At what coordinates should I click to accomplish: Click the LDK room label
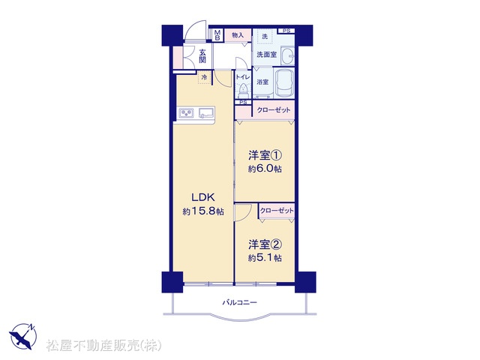tap(203, 197)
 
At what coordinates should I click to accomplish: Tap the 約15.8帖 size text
tap(203, 211)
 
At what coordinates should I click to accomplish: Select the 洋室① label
tap(265, 155)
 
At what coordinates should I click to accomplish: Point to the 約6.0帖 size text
tap(265, 169)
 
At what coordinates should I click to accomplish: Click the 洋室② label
tap(265, 244)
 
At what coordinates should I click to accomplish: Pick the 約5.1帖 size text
tap(265, 258)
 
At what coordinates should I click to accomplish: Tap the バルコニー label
tap(239, 303)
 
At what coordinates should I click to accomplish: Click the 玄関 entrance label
tap(202, 55)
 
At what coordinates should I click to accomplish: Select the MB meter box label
tap(217, 35)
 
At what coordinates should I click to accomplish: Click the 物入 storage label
tap(238, 35)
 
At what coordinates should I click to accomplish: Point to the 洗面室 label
tap(267, 55)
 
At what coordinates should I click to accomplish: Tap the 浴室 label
tap(262, 82)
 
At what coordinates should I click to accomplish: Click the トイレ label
tap(243, 76)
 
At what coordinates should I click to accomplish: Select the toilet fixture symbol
tap(243, 90)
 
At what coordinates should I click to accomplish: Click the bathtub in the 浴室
tap(283, 83)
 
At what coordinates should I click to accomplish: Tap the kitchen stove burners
tap(186, 113)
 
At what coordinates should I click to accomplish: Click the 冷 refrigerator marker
tap(204, 77)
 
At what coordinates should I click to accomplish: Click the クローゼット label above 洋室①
tap(273, 110)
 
